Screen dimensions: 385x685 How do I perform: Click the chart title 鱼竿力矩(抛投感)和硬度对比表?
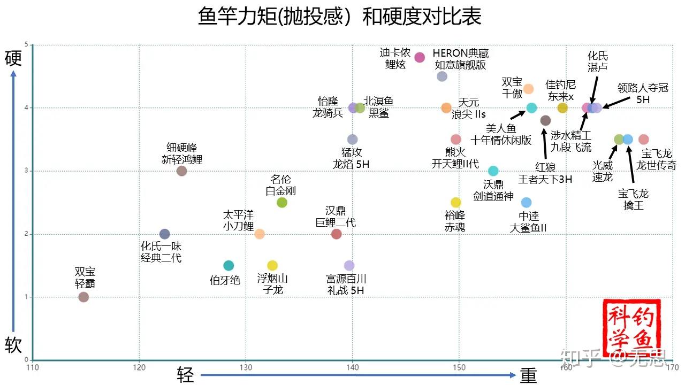pyautogui.click(x=340, y=17)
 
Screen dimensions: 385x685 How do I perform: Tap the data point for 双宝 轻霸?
pyautogui.click(x=83, y=297)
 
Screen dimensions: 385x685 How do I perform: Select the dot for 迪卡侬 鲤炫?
pyautogui.click(x=420, y=58)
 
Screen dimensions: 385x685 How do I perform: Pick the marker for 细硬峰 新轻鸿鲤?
pyautogui.click(x=181, y=171)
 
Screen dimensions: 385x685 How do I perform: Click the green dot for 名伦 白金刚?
pyautogui.click(x=282, y=203)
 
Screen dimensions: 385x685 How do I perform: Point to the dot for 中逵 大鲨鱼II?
pyautogui.click(x=526, y=203)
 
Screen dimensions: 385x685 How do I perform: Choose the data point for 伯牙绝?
pyautogui.click(x=229, y=266)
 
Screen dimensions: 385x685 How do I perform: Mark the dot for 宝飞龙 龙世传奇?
pyautogui.click(x=644, y=140)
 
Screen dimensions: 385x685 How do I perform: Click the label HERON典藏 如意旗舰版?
pyautogui.click(x=460, y=59)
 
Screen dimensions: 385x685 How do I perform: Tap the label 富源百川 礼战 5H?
pyautogui.click(x=346, y=284)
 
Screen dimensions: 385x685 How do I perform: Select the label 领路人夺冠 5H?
pyautogui.click(x=643, y=94)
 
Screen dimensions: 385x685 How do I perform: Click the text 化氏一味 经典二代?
pyautogui.click(x=161, y=252)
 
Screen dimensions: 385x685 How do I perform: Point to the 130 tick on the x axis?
pyautogui.click(x=246, y=368)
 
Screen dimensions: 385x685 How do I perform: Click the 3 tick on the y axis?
pyautogui.click(x=27, y=171)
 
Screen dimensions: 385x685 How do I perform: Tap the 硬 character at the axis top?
pyautogui.click(x=13, y=58)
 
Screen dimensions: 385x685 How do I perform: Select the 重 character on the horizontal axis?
pyautogui.click(x=528, y=375)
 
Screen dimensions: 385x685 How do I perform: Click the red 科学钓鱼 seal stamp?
pyautogui.click(x=631, y=327)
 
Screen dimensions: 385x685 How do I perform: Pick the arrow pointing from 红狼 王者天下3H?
pyautogui.click(x=544, y=143)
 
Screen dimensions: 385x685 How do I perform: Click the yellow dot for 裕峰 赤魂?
pyautogui.click(x=455, y=203)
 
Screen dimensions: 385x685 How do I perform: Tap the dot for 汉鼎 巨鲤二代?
pyautogui.click(x=336, y=234)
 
